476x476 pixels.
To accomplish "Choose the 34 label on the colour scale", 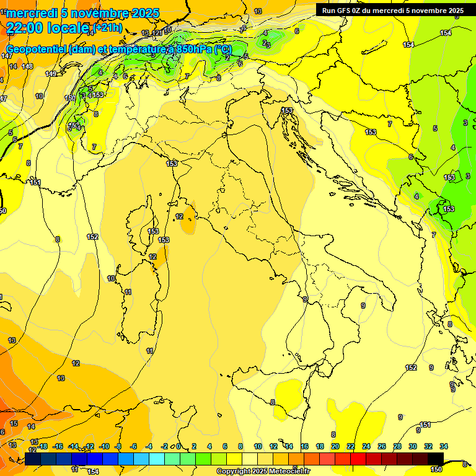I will pos(444,446).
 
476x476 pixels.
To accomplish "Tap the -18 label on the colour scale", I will pos(42,446).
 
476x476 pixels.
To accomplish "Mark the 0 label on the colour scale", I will pos(178,446).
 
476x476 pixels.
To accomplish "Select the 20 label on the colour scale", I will pos(335,446).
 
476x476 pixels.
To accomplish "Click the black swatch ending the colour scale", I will pos(436,459).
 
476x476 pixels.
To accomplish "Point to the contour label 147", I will pos(7,56).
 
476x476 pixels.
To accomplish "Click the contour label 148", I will pos(27,66).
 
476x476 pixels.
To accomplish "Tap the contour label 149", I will pos(51,74).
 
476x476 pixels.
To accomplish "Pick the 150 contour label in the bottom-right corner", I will pos(436,469).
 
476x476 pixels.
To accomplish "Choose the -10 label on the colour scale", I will pos(104,446).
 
